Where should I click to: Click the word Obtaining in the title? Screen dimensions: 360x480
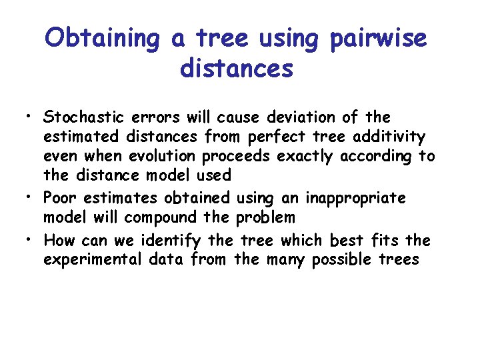coord(102,39)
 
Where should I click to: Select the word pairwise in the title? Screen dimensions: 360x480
coord(378,39)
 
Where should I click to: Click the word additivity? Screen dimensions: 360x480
coord(393,137)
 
